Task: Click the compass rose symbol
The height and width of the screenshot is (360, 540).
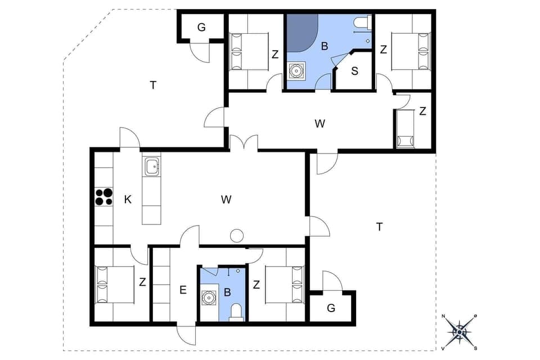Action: pyautogui.click(x=460, y=331)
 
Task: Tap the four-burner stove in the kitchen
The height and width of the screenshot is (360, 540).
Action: pyautogui.click(x=103, y=197)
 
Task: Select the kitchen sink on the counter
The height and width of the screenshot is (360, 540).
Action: pyautogui.click(x=151, y=166)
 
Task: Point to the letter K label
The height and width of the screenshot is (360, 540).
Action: pyautogui.click(x=128, y=199)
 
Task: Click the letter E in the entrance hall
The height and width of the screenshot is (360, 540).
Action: pyautogui.click(x=183, y=290)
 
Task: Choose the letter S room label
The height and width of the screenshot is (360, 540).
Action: pyautogui.click(x=355, y=71)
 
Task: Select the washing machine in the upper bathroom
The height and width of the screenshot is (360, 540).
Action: pyautogui.click(x=296, y=71)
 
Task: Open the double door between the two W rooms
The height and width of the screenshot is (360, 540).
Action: pyautogui.click(x=244, y=143)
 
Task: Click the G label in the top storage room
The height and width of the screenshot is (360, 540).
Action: pyautogui.click(x=201, y=26)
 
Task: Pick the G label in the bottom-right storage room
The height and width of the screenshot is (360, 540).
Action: pyautogui.click(x=331, y=308)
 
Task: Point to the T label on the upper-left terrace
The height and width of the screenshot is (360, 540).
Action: pyautogui.click(x=152, y=85)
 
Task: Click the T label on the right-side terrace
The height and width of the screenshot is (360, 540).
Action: pyautogui.click(x=379, y=226)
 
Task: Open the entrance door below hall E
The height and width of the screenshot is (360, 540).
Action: pyautogui.click(x=186, y=335)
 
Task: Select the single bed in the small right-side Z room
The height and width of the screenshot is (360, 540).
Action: pyautogui.click(x=405, y=128)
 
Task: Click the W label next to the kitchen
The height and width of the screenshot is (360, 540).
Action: pyautogui.click(x=226, y=199)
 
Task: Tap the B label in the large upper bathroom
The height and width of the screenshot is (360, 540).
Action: pyautogui.click(x=325, y=46)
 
